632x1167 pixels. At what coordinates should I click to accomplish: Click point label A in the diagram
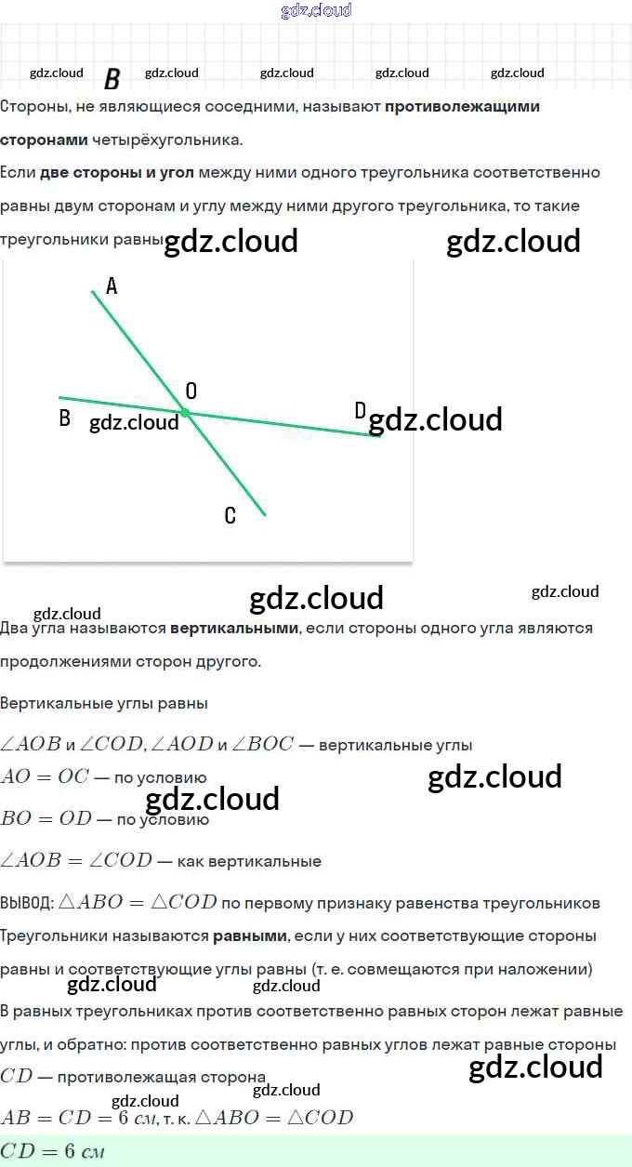pyautogui.click(x=112, y=286)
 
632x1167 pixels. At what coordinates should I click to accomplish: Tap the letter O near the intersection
pyautogui.click(x=191, y=391)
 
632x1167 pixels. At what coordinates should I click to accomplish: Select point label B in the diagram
pyautogui.click(x=64, y=418)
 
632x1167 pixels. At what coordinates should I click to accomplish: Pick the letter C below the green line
pyautogui.click(x=230, y=516)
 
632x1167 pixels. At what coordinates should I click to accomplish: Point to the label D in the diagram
pyautogui.click(x=361, y=411)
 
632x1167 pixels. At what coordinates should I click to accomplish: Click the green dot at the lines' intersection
pyautogui.click(x=185, y=412)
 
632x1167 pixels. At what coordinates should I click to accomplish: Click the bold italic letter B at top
pyautogui.click(x=112, y=79)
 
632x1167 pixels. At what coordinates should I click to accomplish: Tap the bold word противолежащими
pyautogui.click(x=462, y=106)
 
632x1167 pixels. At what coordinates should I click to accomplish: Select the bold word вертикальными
pyautogui.click(x=234, y=628)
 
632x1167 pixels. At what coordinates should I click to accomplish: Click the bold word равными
pyautogui.click(x=250, y=935)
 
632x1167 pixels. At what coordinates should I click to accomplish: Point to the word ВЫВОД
pyautogui.click(x=26, y=903)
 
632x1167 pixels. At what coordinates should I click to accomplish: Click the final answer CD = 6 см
pyautogui.click(x=52, y=1152)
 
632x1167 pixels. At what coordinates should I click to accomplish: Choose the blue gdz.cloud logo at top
pyautogui.click(x=316, y=10)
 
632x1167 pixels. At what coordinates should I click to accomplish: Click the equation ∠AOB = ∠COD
pyautogui.click(x=76, y=860)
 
